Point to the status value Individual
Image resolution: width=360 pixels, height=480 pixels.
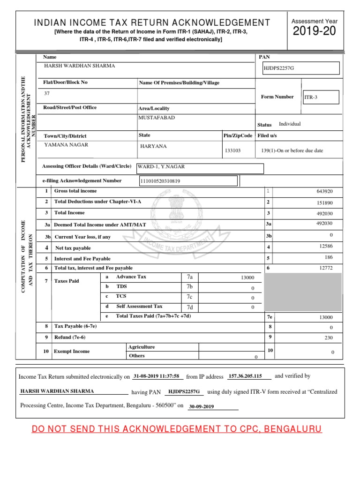(290, 124)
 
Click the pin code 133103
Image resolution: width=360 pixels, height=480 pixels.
(233, 150)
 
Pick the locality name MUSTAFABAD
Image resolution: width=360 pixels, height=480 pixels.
(157, 118)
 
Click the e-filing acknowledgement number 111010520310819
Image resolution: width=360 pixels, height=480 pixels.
(160, 181)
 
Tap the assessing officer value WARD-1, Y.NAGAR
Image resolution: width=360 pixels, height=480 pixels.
(157, 166)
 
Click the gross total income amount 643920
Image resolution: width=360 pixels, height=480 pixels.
(325, 191)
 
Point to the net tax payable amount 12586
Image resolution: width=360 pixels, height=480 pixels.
(325, 247)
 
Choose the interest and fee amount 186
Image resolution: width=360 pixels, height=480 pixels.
(328, 257)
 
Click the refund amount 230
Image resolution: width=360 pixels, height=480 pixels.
(327, 337)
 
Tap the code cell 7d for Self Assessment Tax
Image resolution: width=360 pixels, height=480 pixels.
(190, 307)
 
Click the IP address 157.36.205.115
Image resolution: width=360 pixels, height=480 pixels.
(249, 376)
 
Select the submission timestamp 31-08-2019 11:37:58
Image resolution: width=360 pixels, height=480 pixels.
(157, 376)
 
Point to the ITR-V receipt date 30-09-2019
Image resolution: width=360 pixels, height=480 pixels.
(202, 407)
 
